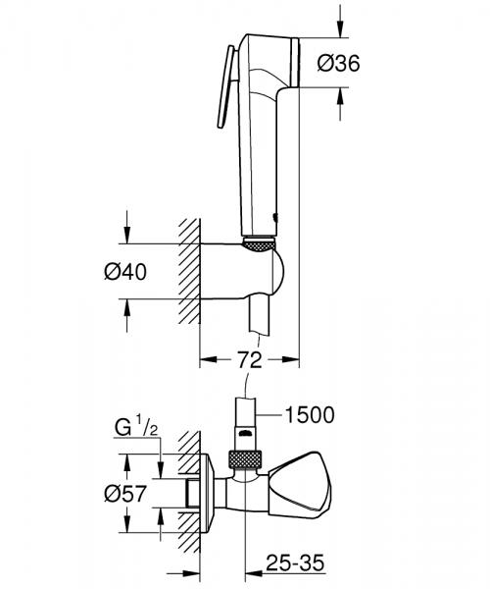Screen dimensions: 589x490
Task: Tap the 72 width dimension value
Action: pos(250,360)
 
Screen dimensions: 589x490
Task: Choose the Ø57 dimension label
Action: pos(127,494)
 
